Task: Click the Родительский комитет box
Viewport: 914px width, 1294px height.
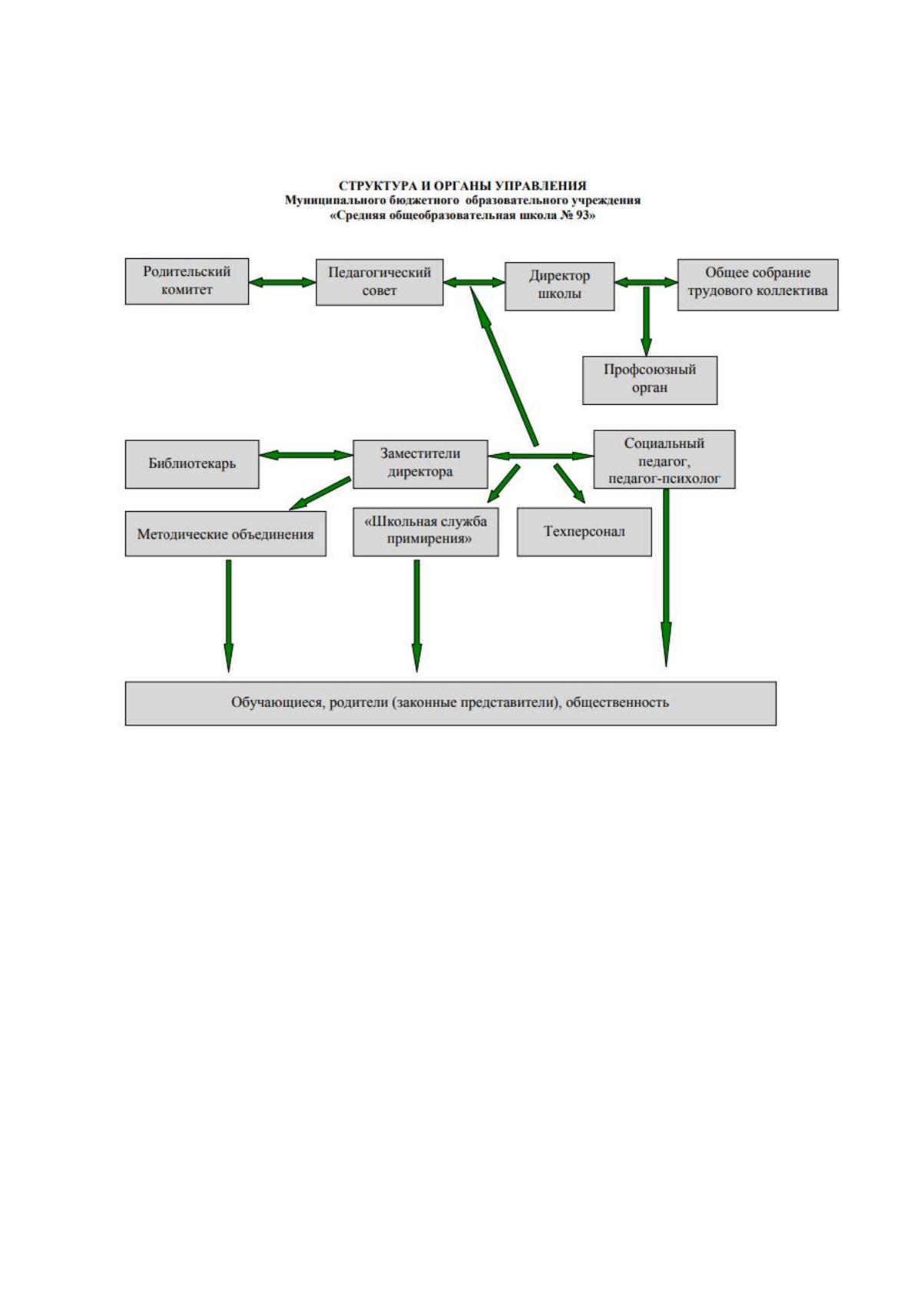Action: [187, 281]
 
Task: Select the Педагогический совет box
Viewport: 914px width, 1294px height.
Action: [379, 282]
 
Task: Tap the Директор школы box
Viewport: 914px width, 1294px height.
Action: [559, 286]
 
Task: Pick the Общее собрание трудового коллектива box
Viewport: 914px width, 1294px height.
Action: [757, 285]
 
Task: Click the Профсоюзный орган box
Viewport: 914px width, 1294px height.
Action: [650, 380]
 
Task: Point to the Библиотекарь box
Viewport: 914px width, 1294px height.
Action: [192, 464]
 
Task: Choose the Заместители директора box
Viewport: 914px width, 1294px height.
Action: [420, 464]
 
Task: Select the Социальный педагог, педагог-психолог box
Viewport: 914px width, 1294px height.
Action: [664, 460]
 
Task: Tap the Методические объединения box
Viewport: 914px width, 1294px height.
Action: [225, 534]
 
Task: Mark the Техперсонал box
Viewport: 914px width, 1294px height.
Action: [584, 532]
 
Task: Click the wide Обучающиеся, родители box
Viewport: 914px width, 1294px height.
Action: [450, 703]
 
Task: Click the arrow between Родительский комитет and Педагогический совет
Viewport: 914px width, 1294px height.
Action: [283, 283]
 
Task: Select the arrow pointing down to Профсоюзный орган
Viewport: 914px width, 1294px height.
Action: [646, 321]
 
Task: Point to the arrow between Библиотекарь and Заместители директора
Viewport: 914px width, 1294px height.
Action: [306, 455]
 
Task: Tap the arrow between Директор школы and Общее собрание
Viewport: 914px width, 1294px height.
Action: [646, 283]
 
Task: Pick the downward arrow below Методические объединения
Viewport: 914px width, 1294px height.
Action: [229, 615]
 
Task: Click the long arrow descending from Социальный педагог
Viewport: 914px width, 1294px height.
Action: [666, 578]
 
